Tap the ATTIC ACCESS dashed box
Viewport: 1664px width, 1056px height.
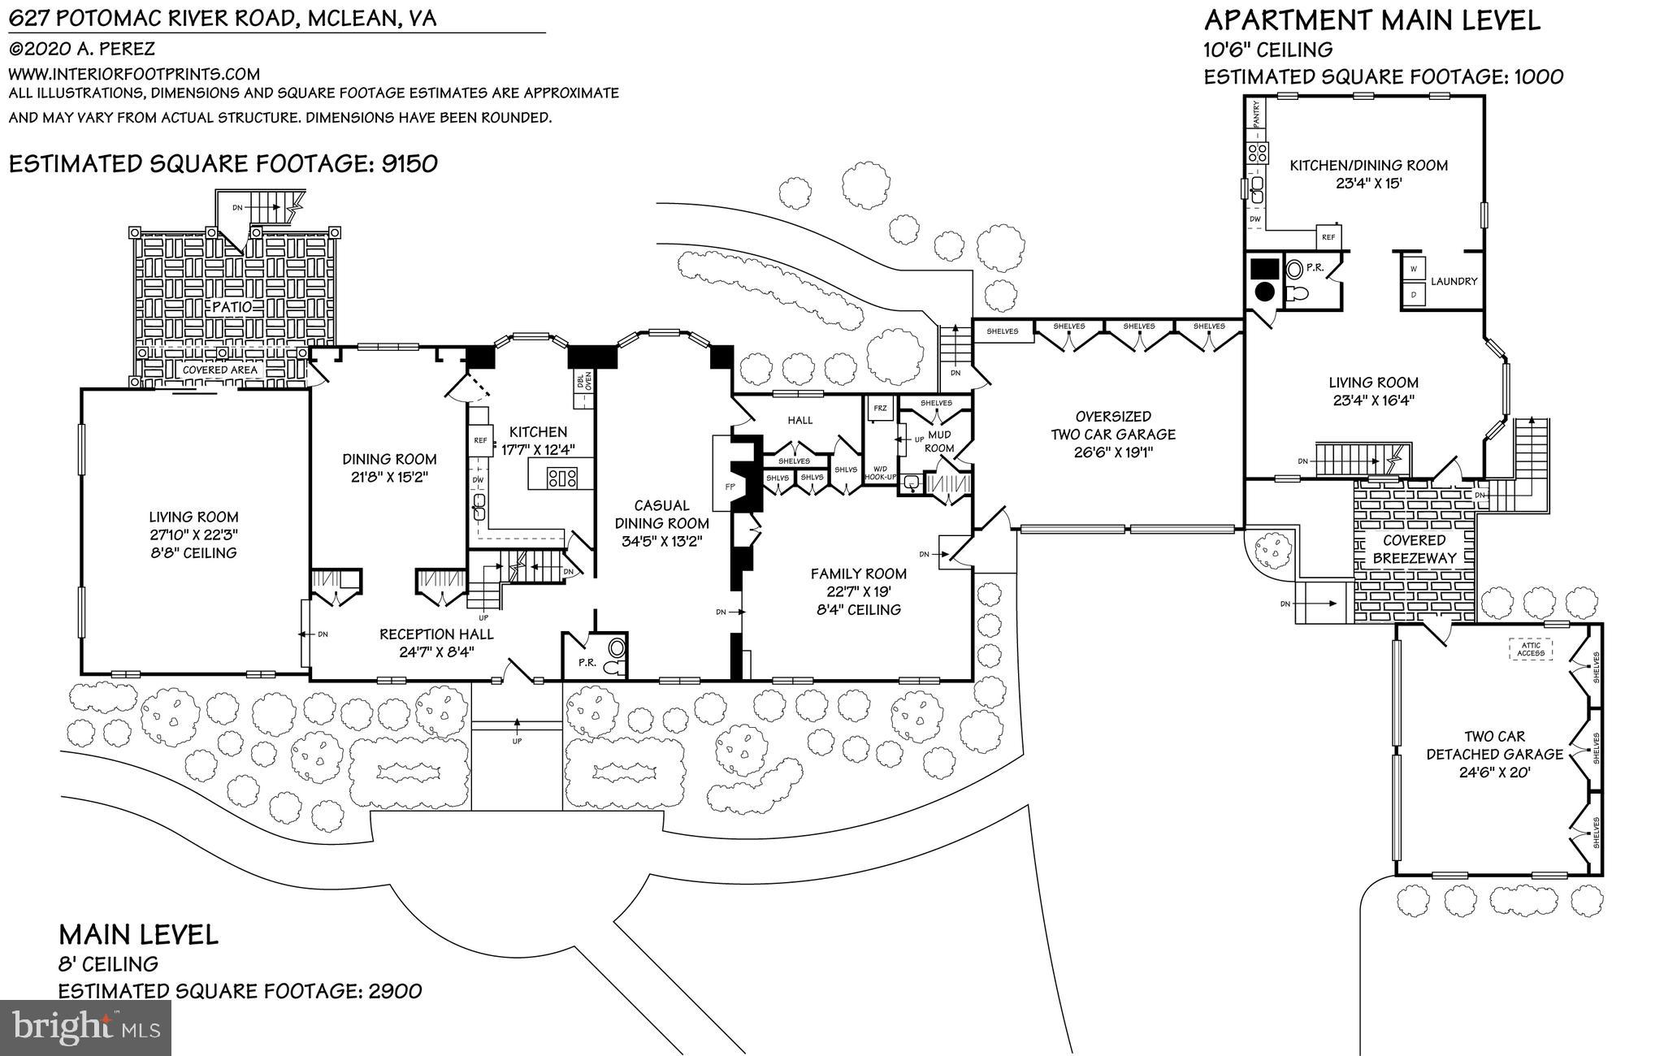(1531, 649)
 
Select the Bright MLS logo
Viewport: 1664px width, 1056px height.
(85, 1028)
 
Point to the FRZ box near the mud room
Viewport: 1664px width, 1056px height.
(879, 409)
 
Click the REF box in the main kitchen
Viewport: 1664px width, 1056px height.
(480, 440)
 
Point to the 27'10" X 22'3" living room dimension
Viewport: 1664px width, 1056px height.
(193, 534)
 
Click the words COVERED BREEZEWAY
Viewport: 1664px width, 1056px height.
(1415, 549)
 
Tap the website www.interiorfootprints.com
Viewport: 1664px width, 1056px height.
(134, 73)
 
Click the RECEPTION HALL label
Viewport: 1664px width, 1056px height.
(436, 634)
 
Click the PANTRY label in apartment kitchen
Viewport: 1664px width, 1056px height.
(1257, 113)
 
